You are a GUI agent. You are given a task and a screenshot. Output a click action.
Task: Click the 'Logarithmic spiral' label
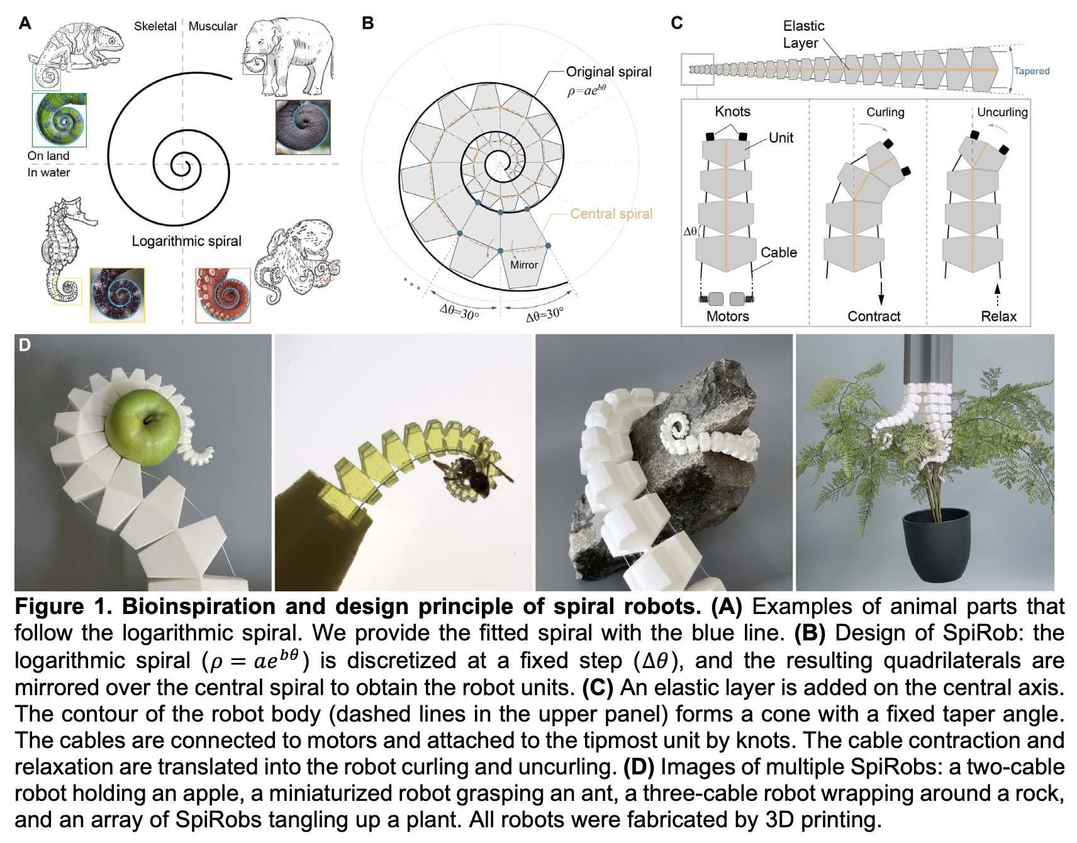(186, 241)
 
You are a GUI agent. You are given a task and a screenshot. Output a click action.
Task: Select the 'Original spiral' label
(608, 72)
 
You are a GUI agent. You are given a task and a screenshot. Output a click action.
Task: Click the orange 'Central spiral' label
(611, 214)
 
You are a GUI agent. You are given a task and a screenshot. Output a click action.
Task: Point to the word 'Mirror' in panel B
(524, 265)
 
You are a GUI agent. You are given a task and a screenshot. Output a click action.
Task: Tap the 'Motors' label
(727, 316)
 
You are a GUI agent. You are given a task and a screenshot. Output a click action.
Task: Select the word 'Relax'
(998, 316)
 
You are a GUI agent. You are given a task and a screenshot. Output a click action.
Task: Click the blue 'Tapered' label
(1032, 71)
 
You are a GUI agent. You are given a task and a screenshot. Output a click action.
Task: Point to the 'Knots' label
(732, 111)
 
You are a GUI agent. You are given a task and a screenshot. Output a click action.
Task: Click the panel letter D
(25, 345)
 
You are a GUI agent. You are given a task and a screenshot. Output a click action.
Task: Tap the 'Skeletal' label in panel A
(155, 26)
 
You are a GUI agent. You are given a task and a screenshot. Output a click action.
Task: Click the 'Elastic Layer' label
(803, 34)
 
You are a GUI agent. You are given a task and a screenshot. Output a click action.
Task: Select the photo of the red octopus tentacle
(223, 295)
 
